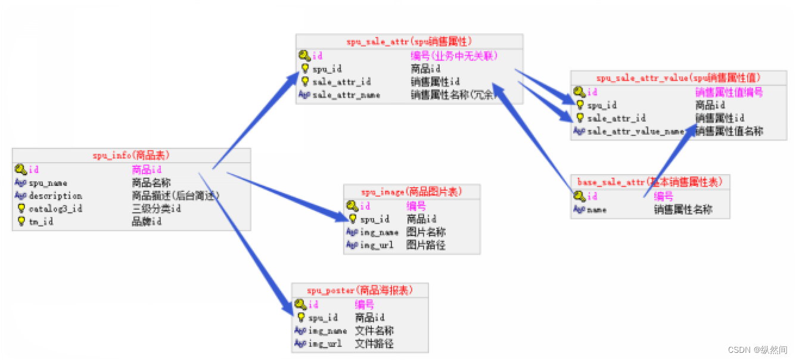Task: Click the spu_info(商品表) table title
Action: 131,156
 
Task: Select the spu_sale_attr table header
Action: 409,41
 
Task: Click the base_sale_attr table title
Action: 650,182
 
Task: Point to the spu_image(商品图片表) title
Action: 412,192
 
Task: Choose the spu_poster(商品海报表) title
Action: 359,290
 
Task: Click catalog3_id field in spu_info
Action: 55,209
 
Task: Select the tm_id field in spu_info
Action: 41,222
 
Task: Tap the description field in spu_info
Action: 55,196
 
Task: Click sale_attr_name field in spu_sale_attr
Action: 346,95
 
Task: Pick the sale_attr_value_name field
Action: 635,132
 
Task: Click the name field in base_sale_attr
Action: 596,210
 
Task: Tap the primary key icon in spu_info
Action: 21,170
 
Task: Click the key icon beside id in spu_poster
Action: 301,305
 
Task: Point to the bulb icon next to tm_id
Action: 21,222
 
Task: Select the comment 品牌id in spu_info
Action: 147,222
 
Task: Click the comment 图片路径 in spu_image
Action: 426,245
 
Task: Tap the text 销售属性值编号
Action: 729,92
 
